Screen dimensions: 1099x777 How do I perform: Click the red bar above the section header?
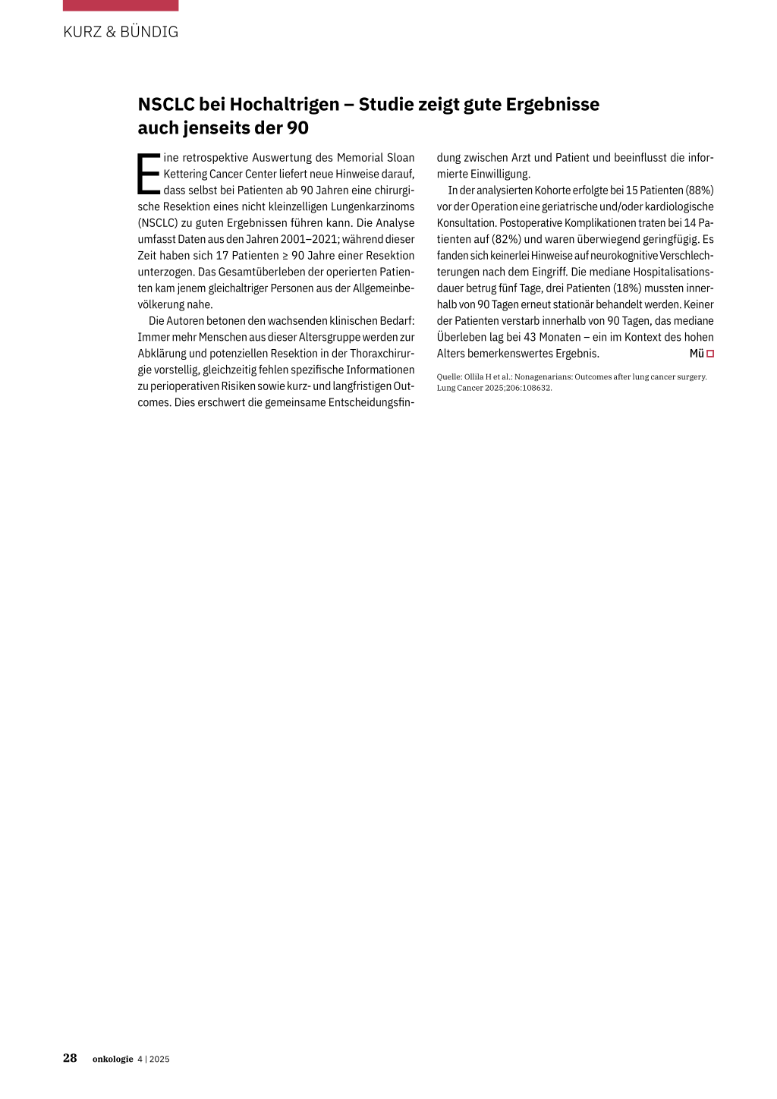coord(121,5)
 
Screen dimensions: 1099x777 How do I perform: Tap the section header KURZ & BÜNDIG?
coord(121,32)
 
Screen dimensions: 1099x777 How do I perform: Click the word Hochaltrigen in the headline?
coord(285,105)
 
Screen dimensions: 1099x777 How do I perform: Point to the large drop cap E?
coord(149,174)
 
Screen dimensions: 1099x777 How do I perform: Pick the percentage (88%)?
coord(700,191)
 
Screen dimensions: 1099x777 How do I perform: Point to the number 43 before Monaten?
coord(530,337)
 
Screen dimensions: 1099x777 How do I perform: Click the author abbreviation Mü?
coord(697,354)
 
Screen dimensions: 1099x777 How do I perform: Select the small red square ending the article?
coord(710,354)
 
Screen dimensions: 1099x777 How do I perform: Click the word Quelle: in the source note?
coord(449,376)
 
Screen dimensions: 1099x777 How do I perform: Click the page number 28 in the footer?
coord(70,1058)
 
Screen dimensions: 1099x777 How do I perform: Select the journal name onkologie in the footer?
coord(112,1059)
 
